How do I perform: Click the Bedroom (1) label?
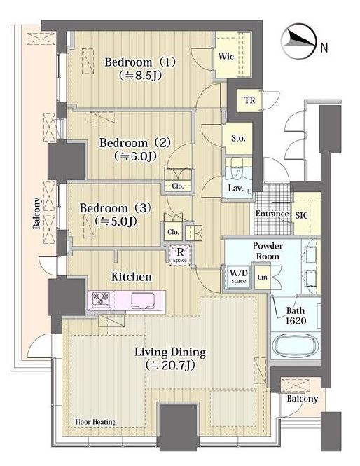coord(140,62)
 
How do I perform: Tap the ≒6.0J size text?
coord(135,156)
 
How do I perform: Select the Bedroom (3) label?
coord(116,208)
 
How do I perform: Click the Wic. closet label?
coord(227,56)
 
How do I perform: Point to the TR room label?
coord(250,100)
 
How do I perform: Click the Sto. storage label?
coord(238,138)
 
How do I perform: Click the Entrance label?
coord(272,214)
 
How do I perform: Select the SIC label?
coord(301,215)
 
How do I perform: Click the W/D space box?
coord(239,276)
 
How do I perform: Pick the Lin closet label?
coord(262,277)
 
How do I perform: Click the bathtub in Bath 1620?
coord(296,346)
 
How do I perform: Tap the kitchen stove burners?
coord(100,299)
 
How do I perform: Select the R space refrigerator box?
coord(180,255)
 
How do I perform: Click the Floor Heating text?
coord(95,422)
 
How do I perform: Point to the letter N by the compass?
coord(324,47)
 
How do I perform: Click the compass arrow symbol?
coord(298,41)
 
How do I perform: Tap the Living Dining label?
coord(170,352)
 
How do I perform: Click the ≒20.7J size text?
coord(170,365)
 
